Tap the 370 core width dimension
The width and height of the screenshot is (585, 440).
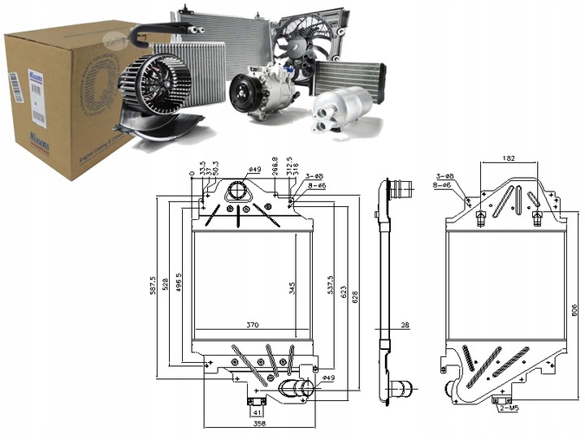point(252,325)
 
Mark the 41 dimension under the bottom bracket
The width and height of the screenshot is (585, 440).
point(257,411)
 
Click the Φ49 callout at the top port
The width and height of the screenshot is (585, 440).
point(254,170)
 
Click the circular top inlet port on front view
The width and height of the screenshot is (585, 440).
point(236,192)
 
